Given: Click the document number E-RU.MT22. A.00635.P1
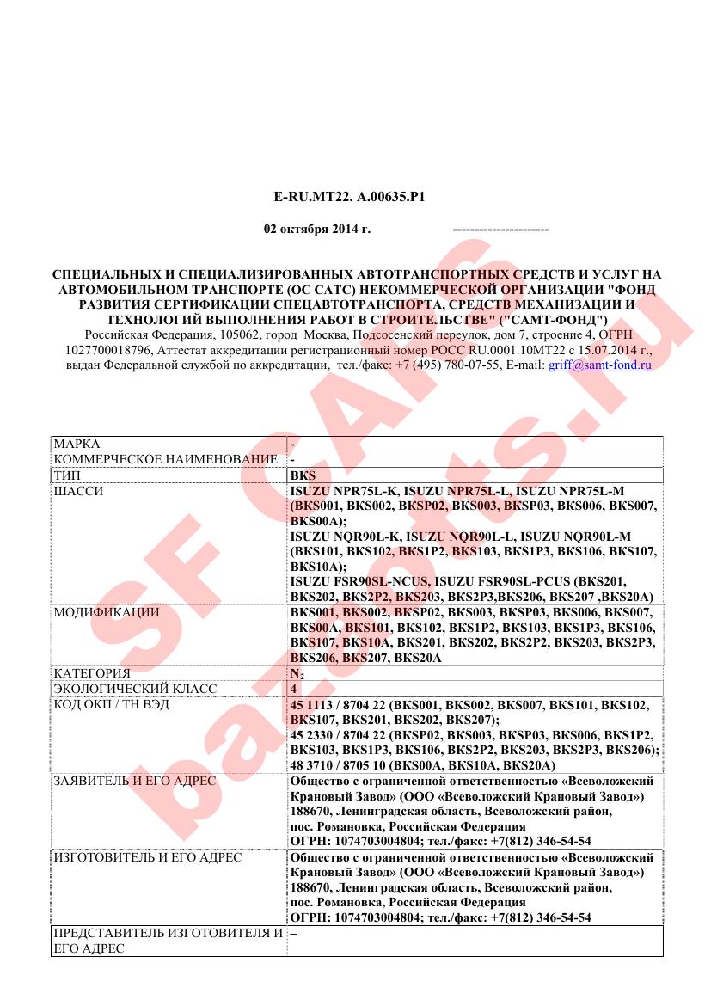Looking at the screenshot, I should (x=350, y=197).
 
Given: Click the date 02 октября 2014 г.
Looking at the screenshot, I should (x=316, y=230).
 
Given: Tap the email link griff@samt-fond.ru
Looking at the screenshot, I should (x=599, y=365).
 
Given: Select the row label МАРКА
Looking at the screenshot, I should (x=77, y=444).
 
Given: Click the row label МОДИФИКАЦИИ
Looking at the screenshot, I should (x=106, y=612).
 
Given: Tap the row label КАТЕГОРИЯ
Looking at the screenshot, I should (x=92, y=673).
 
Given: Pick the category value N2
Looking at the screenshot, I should (x=297, y=673).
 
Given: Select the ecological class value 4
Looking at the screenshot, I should (x=294, y=689).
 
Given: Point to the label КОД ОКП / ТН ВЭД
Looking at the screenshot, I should (x=111, y=704).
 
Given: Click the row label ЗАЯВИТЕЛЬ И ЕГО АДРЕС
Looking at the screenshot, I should (x=134, y=781).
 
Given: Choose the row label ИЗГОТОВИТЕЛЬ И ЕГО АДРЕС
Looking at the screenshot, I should (x=147, y=857).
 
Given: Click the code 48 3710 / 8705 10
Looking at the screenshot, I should (x=340, y=764).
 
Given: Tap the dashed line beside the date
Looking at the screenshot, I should (x=500, y=230).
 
